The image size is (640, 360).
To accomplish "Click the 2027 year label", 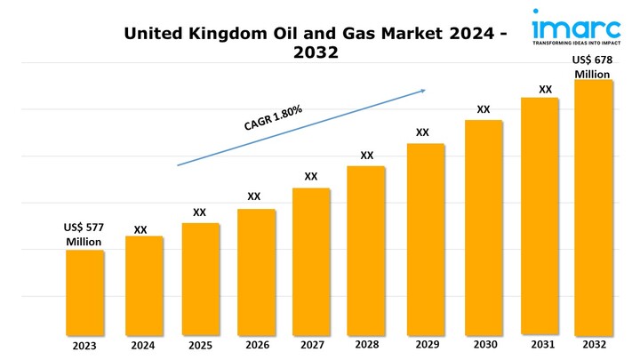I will [312, 346].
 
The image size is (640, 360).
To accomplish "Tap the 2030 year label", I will [484, 345].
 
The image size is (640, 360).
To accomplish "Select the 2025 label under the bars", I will [199, 346].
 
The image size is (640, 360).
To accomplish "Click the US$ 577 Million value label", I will [84, 235].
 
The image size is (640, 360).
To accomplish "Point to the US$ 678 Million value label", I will [592, 67].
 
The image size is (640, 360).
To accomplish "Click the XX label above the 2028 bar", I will [367, 156].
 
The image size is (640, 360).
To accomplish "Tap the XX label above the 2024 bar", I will [140, 229].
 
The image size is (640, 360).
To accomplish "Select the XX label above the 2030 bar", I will [484, 109].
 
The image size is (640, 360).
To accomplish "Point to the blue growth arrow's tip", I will [425, 89].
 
